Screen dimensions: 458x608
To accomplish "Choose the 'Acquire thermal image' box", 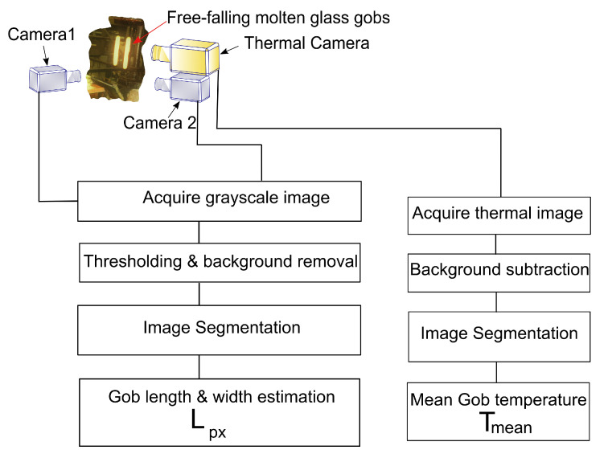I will [x=497, y=214].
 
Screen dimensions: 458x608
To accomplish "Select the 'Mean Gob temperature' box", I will [x=497, y=409].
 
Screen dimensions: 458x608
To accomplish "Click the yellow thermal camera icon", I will [x=187, y=55].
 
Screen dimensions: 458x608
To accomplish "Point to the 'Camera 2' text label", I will [x=154, y=123].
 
